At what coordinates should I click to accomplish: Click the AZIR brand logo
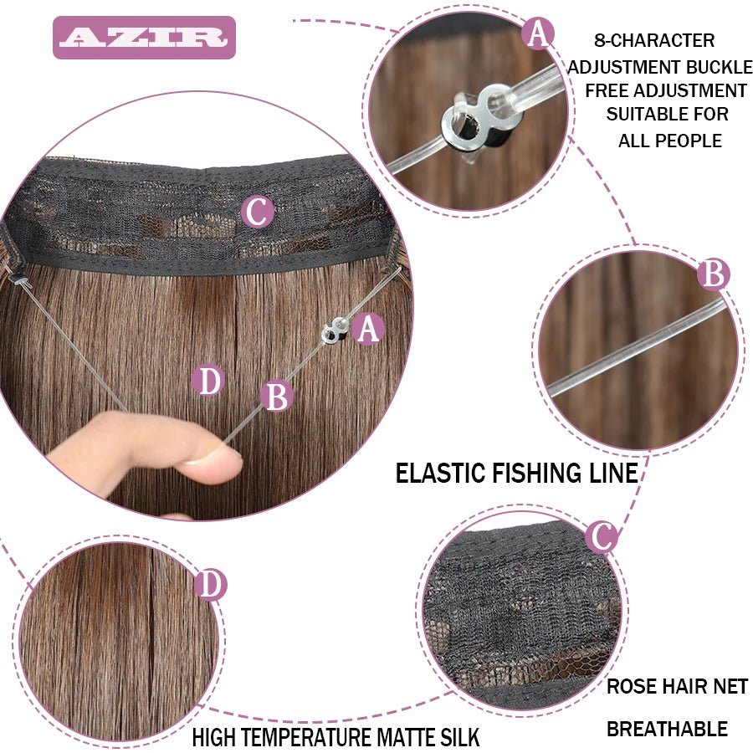(x=144, y=38)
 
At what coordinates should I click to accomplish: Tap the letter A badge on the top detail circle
(x=538, y=34)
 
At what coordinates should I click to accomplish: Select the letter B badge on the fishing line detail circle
(x=713, y=274)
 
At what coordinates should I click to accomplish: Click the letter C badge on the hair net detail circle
(x=601, y=535)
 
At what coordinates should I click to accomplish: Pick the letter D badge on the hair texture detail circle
(x=210, y=585)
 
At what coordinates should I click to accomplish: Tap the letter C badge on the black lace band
(x=258, y=213)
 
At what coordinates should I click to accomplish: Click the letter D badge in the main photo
(x=208, y=382)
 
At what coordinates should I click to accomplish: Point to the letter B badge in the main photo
(x=276, y=397)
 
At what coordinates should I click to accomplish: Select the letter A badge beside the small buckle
(x=368, y=330)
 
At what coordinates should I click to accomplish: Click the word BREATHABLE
(x=667, y=729)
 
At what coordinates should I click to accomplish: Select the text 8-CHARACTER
(x=654, y=40)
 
